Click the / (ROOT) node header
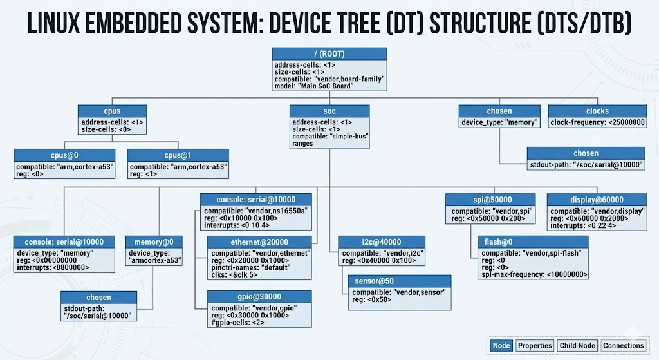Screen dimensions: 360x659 329,53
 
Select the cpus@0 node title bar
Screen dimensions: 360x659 64,155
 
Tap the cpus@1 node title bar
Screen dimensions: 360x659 178,155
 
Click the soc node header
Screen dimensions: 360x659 329,111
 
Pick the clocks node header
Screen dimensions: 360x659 597,111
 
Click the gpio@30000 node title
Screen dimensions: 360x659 260,296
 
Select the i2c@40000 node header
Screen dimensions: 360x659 374,242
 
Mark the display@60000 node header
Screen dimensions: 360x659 596,200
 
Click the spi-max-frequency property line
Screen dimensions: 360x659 534,274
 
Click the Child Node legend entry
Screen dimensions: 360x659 577,346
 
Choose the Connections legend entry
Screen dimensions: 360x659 623,346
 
